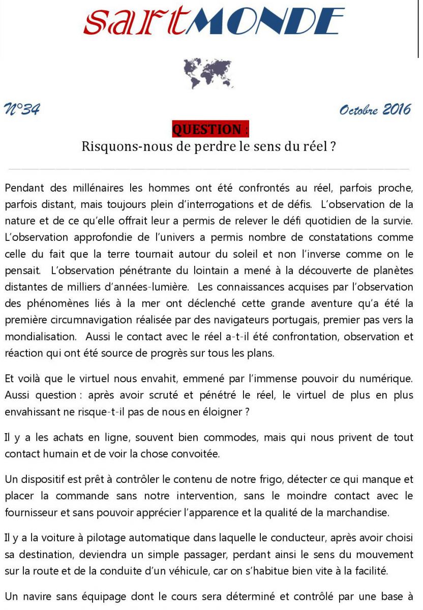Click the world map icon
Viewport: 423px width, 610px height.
tap(207, 72)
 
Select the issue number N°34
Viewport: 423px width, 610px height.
tap(22, 109)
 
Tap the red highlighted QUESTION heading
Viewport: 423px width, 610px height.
tap(210, 130)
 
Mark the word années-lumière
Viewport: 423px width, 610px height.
tap(153, 287)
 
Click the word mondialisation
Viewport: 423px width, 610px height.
tap(40, 337)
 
